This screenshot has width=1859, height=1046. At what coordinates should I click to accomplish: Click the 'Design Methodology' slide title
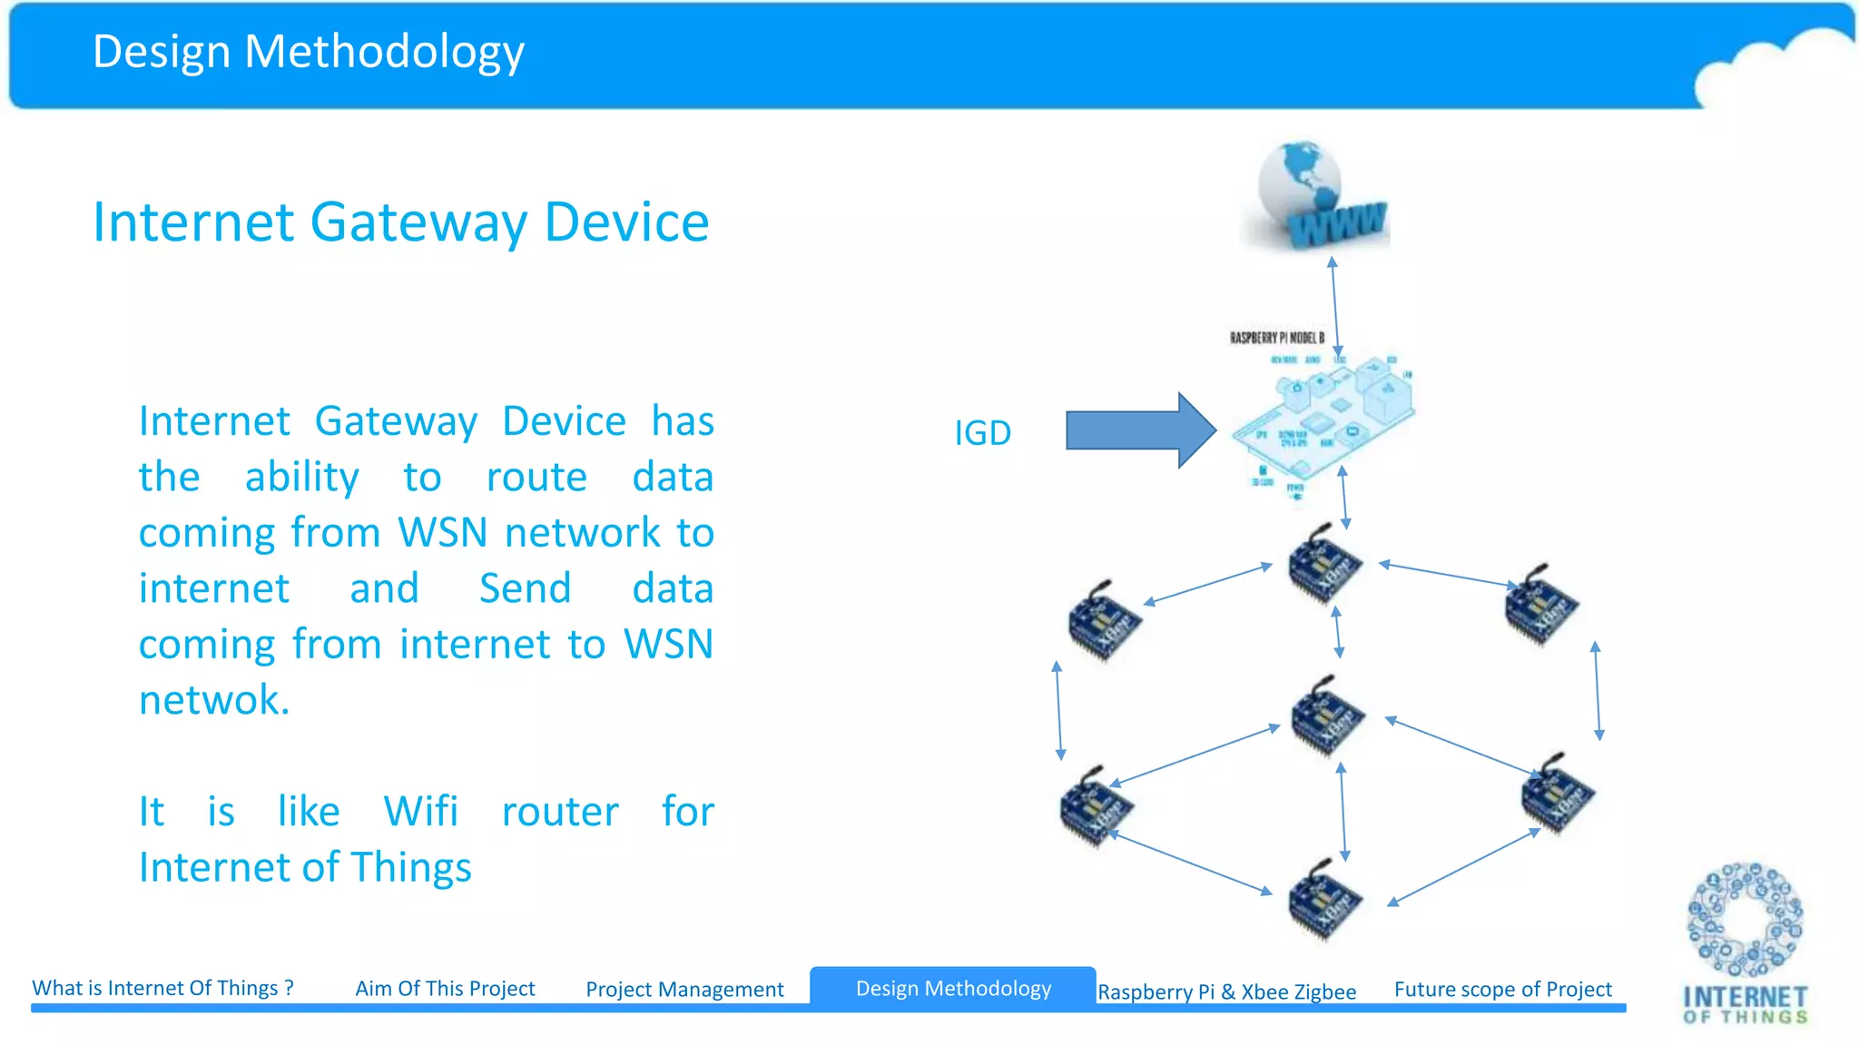[x=309, y=52]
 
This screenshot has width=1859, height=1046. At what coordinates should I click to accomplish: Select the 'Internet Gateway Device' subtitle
[x=400, y=222]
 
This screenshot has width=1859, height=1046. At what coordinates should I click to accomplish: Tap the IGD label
[x=982, y=433]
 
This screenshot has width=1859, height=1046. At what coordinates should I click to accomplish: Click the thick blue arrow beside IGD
[x=1140, y=430]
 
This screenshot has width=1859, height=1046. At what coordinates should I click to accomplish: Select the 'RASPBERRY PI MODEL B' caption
[x=1276, y=338]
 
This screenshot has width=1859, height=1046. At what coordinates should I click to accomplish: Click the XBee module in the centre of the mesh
[x=1327, y=715]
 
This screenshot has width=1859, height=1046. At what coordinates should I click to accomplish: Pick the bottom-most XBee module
[x=1323, y=899]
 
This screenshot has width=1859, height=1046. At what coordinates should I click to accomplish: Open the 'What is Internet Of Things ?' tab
[x=163, y=988]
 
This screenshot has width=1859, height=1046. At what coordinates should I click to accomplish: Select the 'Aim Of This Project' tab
[x=445, y=988]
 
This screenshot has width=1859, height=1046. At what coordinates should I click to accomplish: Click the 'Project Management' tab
[x=684, y=989]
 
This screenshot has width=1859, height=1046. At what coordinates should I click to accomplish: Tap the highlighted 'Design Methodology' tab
[x=953, y=988]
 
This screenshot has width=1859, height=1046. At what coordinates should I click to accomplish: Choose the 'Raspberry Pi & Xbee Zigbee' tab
[x=1226, y=992]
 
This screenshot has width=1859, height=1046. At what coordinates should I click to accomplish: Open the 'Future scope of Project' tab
[x=1503, y=989]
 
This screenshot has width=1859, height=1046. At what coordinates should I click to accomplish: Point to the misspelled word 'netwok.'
[x=214, y=700]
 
